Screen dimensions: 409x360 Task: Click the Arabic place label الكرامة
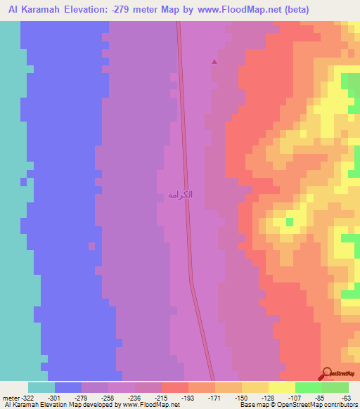pyautogui.click(x=181, y=194)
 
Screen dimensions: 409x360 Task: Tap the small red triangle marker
pyautogui.click(x=214, y=61)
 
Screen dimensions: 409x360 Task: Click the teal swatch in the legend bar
pyautogui.click(x=41, y=387)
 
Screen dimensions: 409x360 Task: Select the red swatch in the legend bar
pyautogui.click(x=174, y=387)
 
